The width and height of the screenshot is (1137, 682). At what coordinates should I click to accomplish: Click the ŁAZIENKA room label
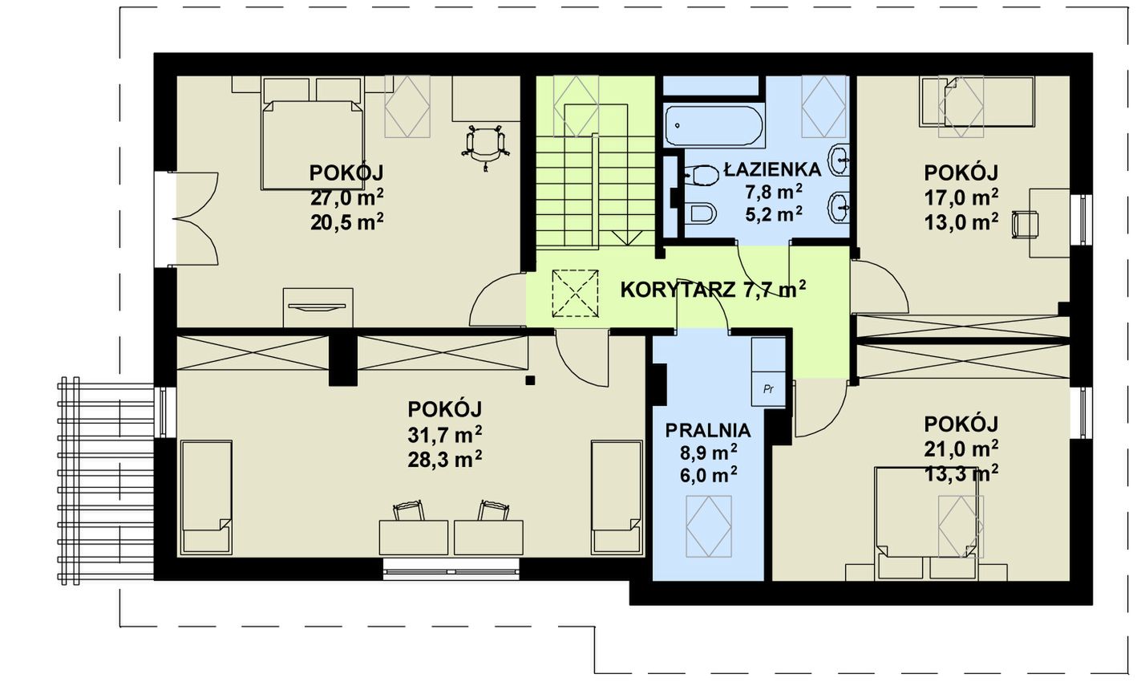tap(772, 169)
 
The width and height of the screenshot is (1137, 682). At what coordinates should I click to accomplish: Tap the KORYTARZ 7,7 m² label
tap(713, 290)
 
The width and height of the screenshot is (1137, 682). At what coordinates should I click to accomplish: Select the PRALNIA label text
tap(707, 431)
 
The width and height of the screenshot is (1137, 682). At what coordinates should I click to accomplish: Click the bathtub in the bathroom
tap(713, 125)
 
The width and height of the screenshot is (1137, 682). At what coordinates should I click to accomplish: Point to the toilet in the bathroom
tap(701, 175)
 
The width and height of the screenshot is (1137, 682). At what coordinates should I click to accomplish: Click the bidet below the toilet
tap(701, 213)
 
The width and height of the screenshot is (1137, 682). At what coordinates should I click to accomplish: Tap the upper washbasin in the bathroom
tap(840, 160)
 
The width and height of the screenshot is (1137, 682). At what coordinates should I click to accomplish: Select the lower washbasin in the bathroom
tap(840, 207)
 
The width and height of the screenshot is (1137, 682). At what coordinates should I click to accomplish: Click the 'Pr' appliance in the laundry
tap(768, 389)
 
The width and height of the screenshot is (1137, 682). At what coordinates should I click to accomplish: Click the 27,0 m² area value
tap(346, 197)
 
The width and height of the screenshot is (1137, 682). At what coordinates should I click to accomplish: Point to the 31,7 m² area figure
tap(445, 435)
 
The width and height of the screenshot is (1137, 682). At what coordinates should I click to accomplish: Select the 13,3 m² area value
tap(961, 474)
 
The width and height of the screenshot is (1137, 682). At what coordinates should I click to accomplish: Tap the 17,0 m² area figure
tap(961, 197)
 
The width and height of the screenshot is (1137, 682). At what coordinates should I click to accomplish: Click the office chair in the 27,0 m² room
tap(486, 146)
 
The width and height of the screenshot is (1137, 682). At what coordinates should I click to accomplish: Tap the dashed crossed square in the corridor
tap(575, 294)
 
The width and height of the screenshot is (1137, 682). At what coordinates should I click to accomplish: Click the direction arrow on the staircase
tap(627, 238)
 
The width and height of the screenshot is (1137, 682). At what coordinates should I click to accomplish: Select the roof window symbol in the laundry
tap(709, 526)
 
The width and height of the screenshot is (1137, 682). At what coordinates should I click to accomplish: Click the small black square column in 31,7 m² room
tap(530, 380)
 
